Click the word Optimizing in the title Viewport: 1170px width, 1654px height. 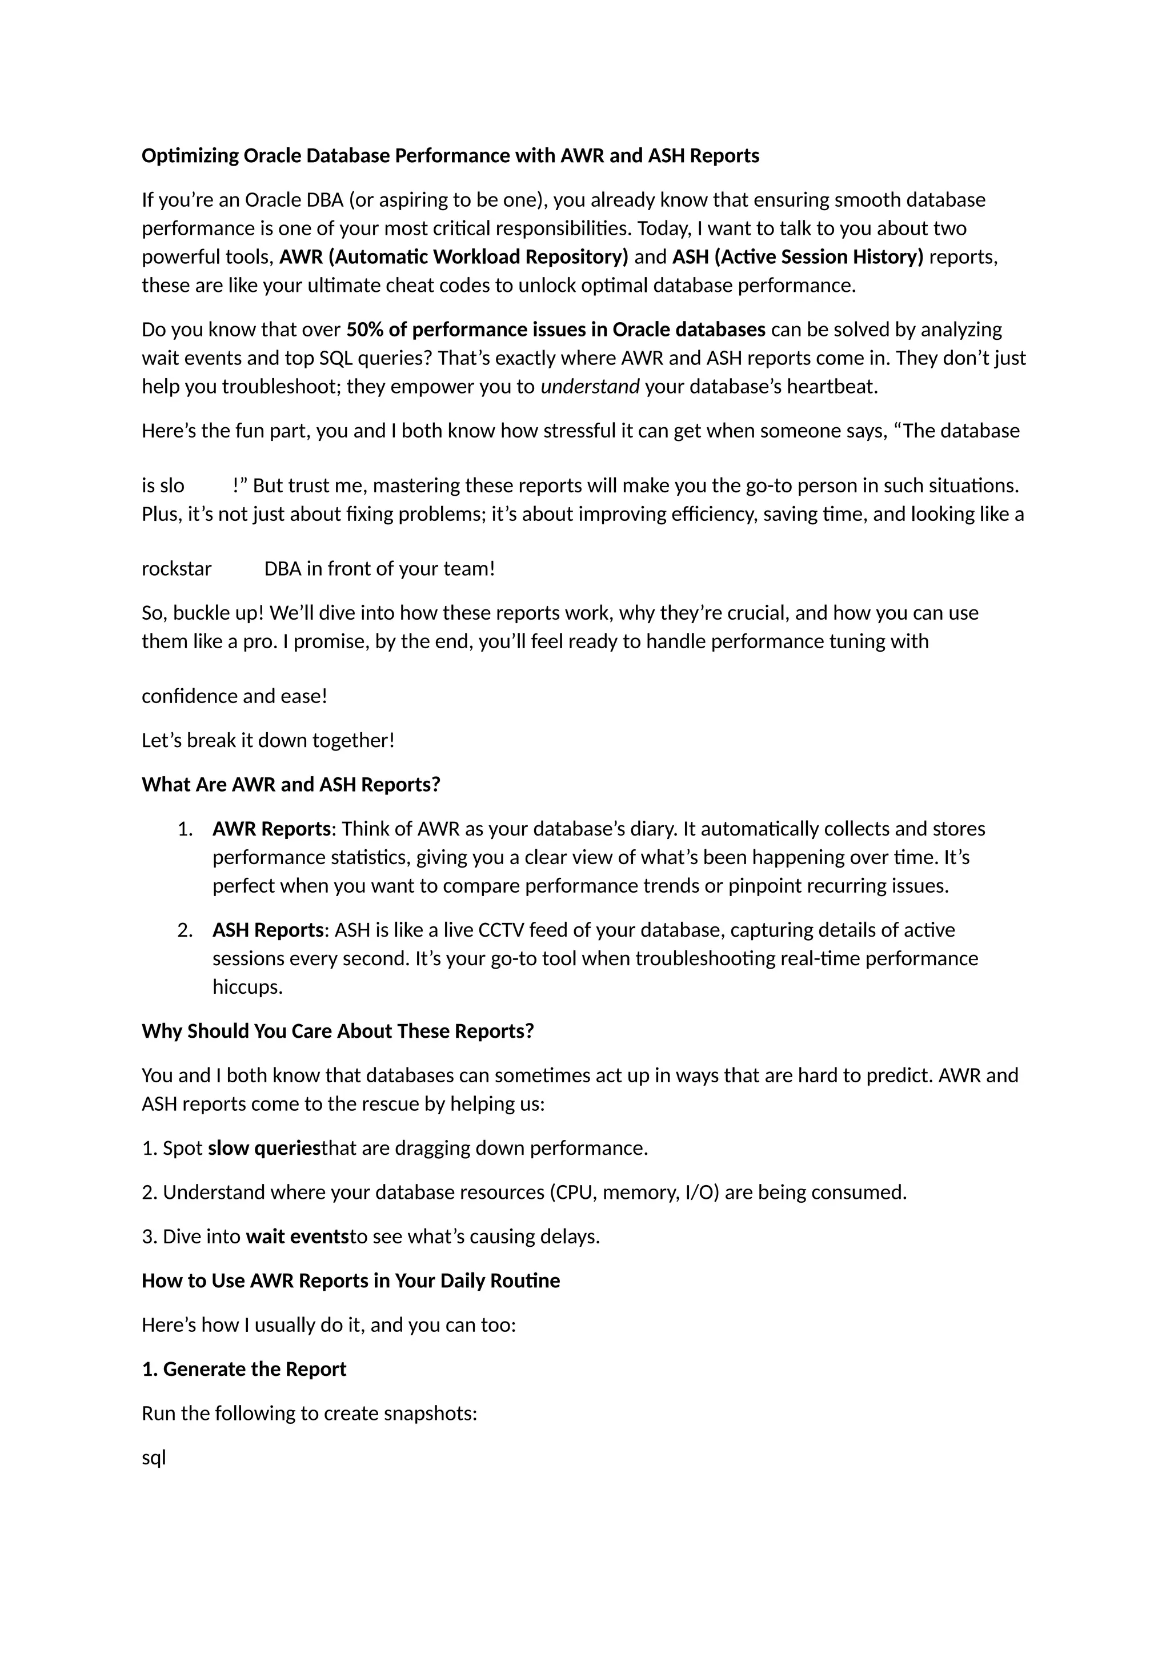(190, 156)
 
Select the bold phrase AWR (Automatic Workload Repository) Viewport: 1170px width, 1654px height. (454, 257)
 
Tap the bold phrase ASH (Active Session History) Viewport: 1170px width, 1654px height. (798, 257)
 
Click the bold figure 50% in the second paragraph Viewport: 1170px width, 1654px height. (364, 330)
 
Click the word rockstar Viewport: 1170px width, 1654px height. (177, 569)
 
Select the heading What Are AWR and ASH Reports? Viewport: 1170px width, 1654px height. (291, 785)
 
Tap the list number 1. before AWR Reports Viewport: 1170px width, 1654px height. (185, 829)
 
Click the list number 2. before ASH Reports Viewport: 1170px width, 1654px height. (185, 931)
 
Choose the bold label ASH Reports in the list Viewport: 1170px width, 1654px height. (268, 931)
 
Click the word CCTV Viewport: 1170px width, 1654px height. (500, 931)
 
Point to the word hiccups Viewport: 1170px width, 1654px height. (247, 987)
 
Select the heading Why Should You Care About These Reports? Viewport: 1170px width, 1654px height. (338, 1031)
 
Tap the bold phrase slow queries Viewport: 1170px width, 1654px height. (264, 1149)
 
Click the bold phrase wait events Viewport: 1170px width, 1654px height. (298, 1237)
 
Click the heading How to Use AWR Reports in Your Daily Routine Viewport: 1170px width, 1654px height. (351, 1281)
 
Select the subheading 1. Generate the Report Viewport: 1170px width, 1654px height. (245, 1370)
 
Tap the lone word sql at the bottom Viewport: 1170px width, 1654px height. (154, 1458)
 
